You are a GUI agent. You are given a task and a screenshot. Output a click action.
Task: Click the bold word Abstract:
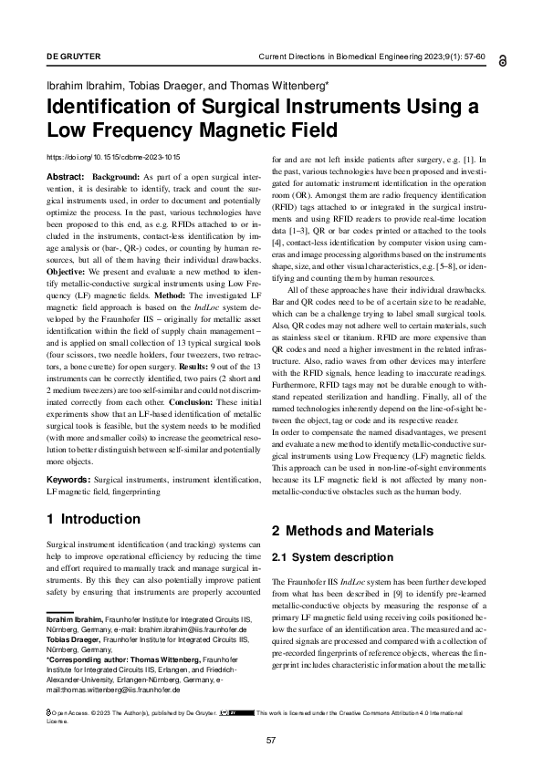pyautogui.click(x=65, y=175)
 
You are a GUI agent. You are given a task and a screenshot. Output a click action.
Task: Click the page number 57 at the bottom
pyautogui.click(x=271, y=740)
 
